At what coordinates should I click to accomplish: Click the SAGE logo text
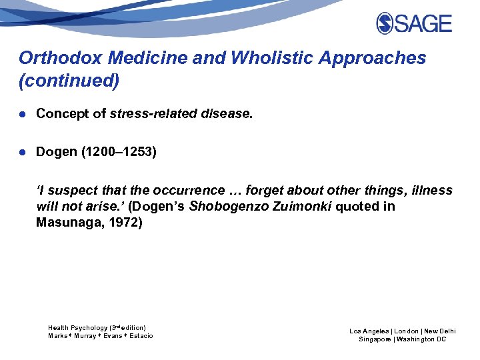(x=424, y=24)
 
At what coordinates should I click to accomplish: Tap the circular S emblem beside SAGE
(x=385, y=24)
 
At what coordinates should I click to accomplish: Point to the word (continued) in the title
(x=69, y=81)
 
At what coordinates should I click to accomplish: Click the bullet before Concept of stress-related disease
(x=23, y=114)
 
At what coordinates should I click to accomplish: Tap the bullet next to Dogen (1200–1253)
(x=23, y=153)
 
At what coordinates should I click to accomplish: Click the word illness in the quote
(x=431, y=191)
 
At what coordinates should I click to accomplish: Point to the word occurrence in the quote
(x=192, y=191)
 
